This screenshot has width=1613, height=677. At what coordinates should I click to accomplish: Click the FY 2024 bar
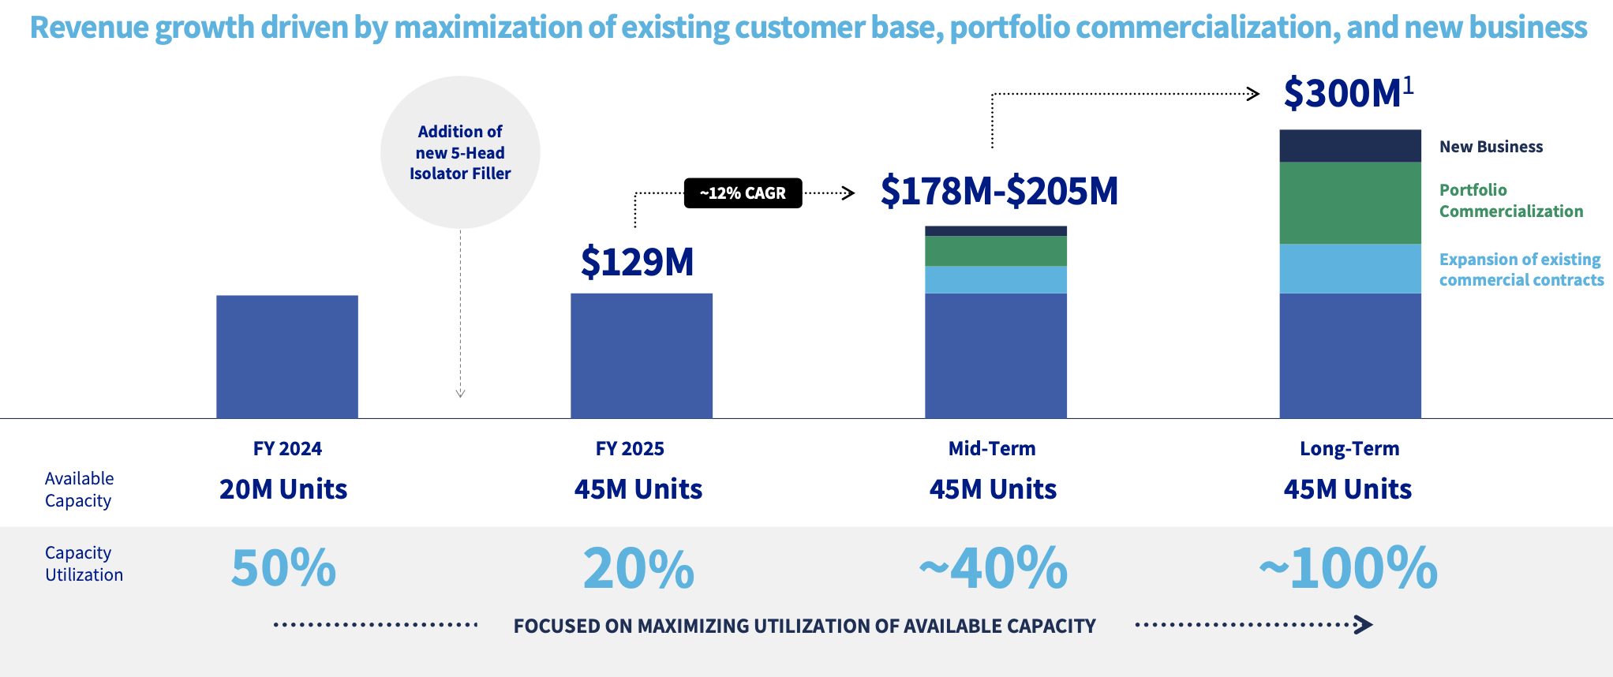(287, 357)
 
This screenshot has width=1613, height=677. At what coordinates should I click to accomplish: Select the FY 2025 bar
(642, 356)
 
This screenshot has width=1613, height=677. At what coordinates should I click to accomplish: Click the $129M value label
(638, 262)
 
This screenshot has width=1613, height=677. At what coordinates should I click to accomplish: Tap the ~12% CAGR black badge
(743, 193)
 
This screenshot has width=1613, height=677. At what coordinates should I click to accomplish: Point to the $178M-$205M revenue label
(1000, 191)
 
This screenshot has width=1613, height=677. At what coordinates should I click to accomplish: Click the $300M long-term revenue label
(1349, 92)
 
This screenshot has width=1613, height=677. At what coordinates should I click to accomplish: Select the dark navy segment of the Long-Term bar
(1350, 146)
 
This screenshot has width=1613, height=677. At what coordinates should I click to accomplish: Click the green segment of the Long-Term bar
(1350, 203)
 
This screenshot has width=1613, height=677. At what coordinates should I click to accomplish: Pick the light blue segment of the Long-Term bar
(1350, 268)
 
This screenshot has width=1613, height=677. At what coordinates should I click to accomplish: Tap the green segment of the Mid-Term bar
(996, 251)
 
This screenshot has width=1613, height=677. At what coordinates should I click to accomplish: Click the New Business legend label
(1491, 147)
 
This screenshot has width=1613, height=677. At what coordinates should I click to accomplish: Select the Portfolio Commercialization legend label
(1511, 200)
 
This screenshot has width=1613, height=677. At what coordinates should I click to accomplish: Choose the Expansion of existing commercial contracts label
(1521, 270)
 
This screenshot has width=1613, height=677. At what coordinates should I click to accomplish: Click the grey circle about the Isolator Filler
(460, 152)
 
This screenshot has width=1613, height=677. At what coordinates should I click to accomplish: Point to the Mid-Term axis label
(992, 449)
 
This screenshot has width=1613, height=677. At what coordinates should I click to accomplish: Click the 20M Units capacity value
(283, 489)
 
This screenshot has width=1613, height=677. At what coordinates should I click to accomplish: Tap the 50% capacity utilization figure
(283, 568)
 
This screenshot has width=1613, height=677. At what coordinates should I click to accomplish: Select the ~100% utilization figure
(1349, 568)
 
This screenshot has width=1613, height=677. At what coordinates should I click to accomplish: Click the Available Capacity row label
(79, 489)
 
